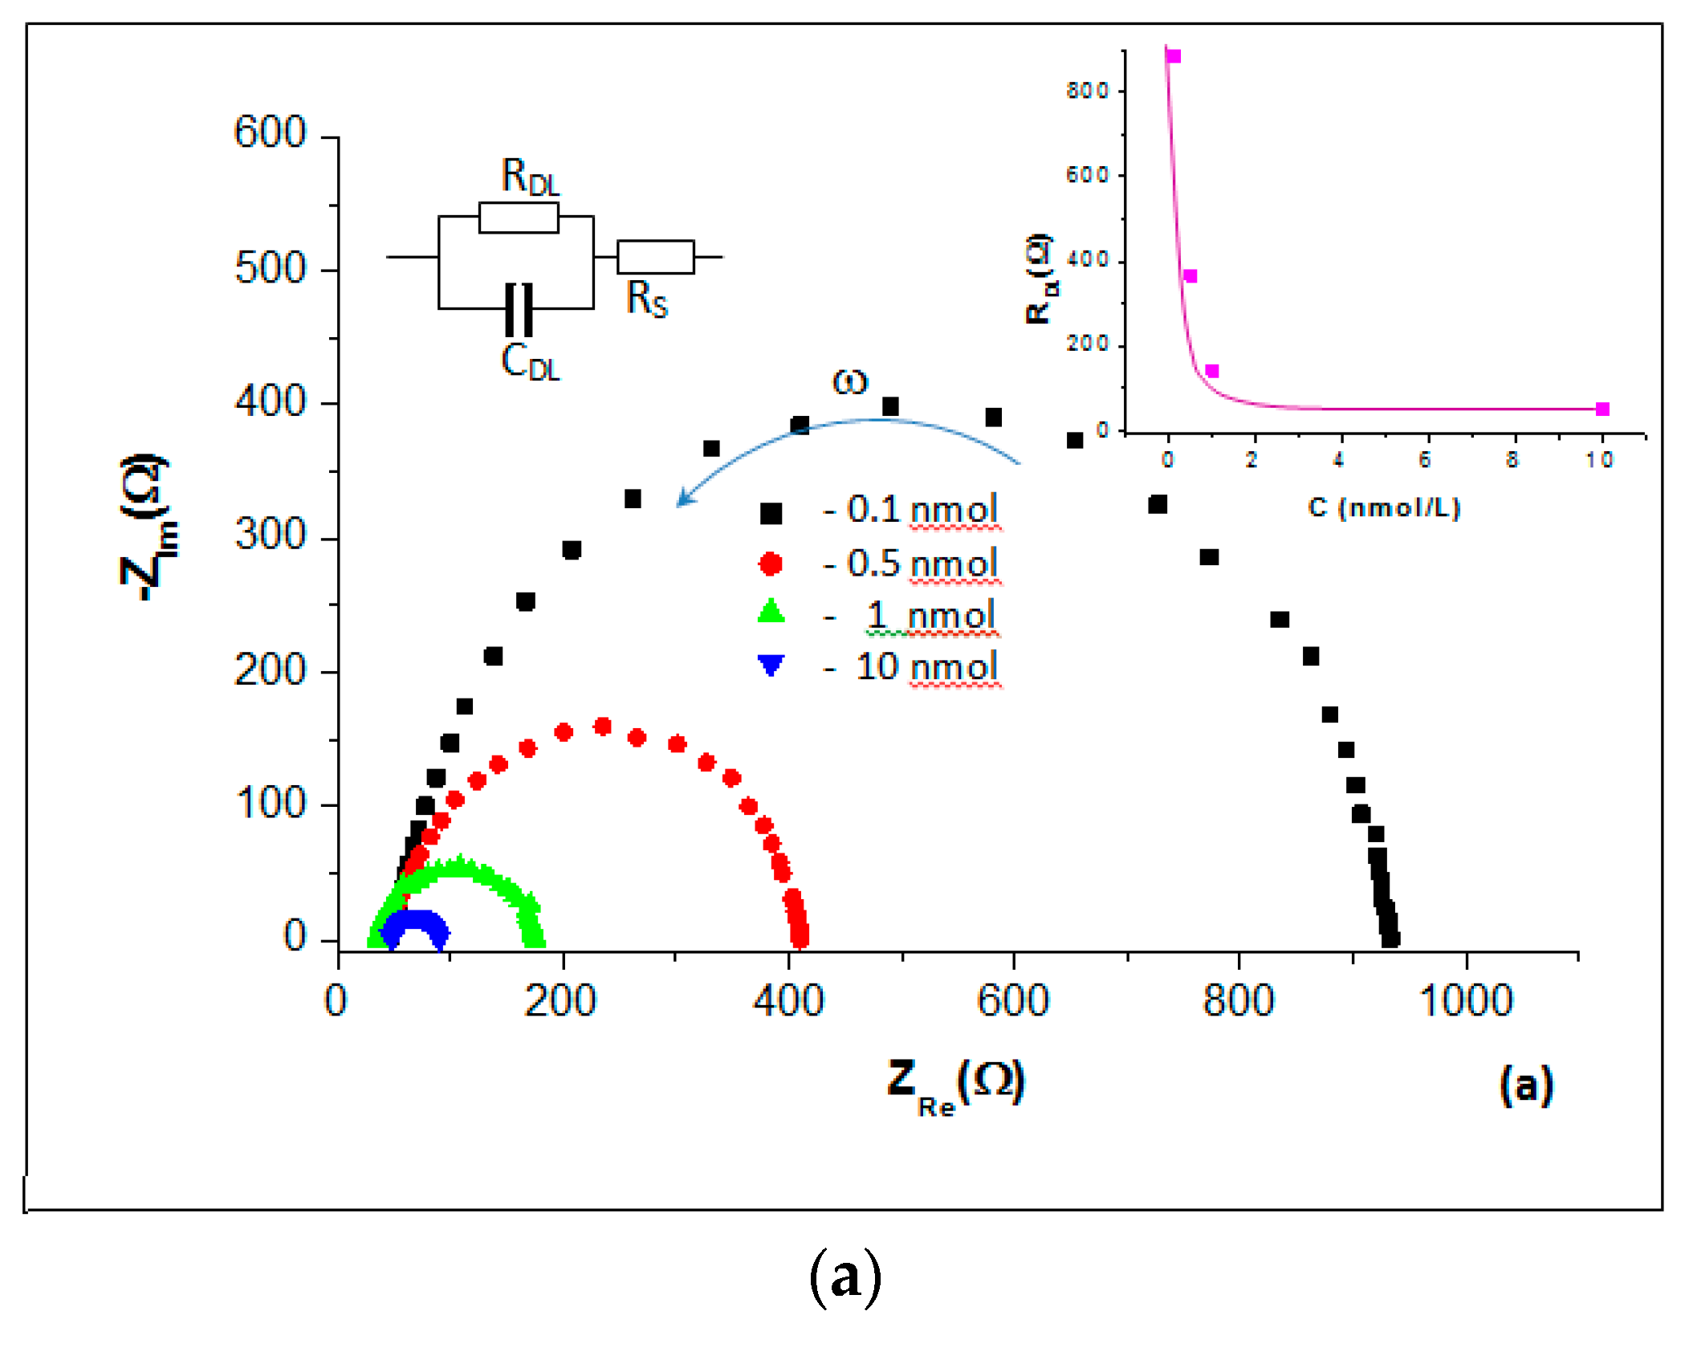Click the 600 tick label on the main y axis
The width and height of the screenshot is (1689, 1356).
(270, 132)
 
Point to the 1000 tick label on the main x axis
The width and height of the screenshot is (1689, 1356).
(1465, 1000)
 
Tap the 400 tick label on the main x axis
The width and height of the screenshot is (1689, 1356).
(788, 1000)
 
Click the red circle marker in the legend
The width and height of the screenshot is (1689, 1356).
(771, 564)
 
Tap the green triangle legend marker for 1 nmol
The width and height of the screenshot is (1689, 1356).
(771, 613)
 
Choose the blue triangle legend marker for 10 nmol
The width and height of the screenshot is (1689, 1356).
(771, 665)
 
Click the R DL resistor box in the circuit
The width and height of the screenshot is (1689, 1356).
(519, 218)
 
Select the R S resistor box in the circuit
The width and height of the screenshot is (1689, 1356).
(655, 257)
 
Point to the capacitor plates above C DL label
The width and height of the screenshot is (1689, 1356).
(519, 309)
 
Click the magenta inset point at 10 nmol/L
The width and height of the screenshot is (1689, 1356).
(1602, 409)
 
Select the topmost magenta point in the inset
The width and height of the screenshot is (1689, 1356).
(1174, 56)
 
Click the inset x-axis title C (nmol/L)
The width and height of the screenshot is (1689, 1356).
(1384, 507)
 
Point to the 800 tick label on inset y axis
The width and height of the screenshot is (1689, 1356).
(1087, 91)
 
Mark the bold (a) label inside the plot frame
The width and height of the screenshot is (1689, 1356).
(1526, 1085)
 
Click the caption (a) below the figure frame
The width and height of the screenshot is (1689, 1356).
(844, 1277)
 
